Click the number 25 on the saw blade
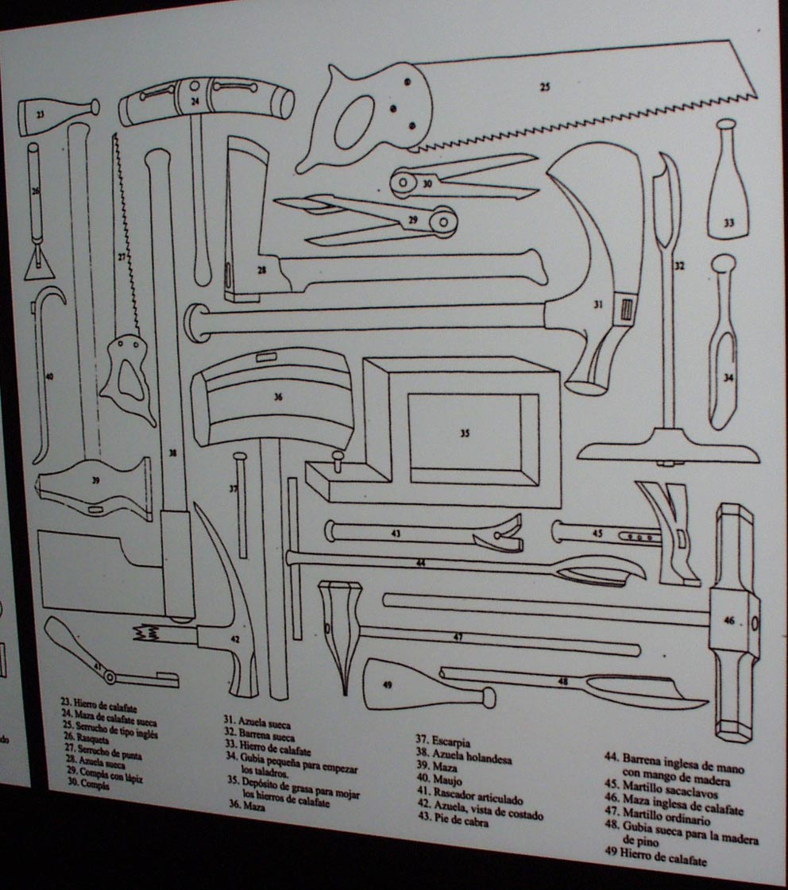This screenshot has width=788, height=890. (545, 87)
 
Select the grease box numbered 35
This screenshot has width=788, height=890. (465, 433)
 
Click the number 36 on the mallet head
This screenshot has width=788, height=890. (277, 397)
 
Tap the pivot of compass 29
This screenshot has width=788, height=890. (440, 219)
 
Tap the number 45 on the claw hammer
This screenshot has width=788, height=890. (599, 534)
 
